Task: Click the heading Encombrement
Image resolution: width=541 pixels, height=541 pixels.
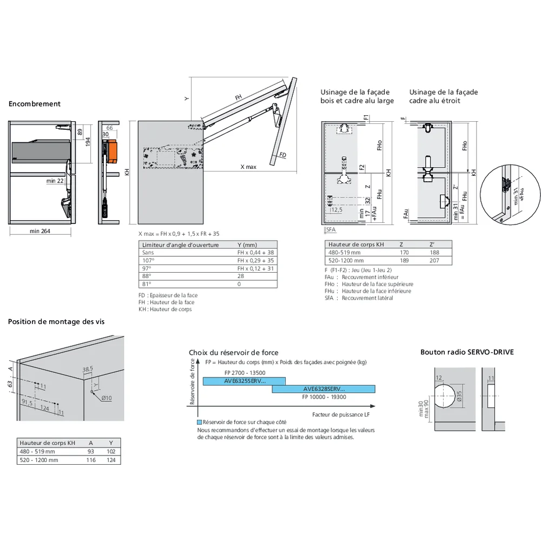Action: (35, 104)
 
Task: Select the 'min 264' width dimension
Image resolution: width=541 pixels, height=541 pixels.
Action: (41, 232)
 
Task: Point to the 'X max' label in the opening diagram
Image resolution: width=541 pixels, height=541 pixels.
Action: (248, 167)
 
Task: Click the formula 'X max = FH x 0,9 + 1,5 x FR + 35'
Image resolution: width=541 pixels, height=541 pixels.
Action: (179, 234)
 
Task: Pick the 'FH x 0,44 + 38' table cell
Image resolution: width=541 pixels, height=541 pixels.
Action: (255, 253)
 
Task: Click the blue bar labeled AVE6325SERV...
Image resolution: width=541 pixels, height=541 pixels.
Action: (244, 381)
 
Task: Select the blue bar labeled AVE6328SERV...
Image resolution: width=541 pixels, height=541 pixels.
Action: (324, 389)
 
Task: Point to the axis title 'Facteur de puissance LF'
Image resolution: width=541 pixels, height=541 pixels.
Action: (341, 414)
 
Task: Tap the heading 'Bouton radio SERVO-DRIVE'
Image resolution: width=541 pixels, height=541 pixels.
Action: (467, 352)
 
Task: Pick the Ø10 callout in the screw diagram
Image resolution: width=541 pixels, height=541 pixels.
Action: (106, 398)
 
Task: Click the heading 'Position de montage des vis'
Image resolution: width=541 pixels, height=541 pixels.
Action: (56, 321)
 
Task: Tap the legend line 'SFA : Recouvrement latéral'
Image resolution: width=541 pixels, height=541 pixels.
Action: (359, 298)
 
